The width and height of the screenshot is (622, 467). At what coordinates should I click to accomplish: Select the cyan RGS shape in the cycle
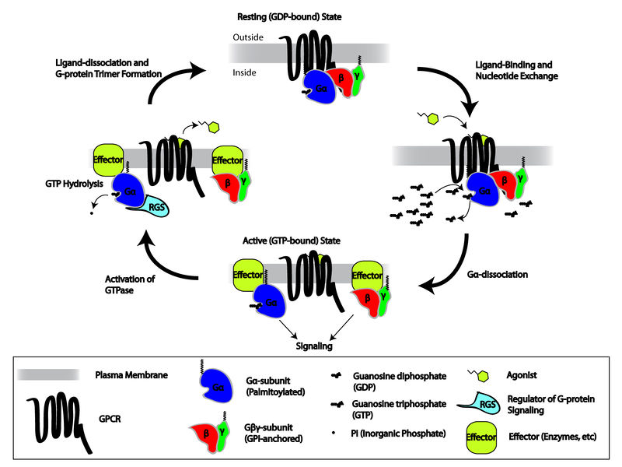pyautogui.click(x=151, y=206)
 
